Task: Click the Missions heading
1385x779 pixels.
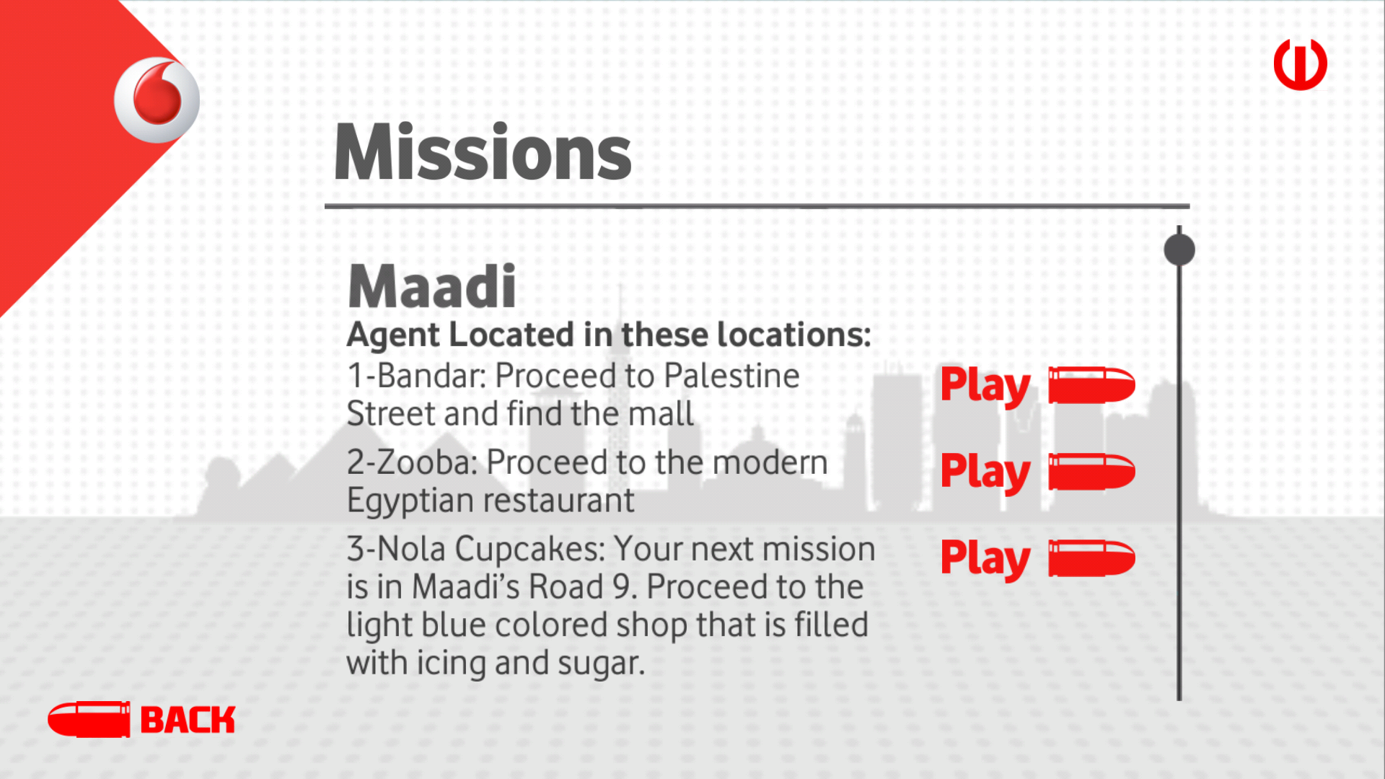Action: (483, 153)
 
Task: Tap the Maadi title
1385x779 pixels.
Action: (432, 286)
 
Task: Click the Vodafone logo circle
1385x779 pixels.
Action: (157, 100)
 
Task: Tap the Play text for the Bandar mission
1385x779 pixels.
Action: (985, 387)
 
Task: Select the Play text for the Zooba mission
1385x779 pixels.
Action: (985, 473)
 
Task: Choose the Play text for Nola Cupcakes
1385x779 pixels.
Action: (985, 560)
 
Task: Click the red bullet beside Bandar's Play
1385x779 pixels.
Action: (1091, 385)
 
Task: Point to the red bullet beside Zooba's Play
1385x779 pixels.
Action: (1091, 472)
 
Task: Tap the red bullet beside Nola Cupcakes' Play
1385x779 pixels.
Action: (1091, 558)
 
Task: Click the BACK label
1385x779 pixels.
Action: (188, 720)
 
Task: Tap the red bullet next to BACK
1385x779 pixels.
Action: (89, 719)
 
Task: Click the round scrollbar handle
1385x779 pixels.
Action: (1179, 250)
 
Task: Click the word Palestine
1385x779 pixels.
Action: (731, 376)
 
